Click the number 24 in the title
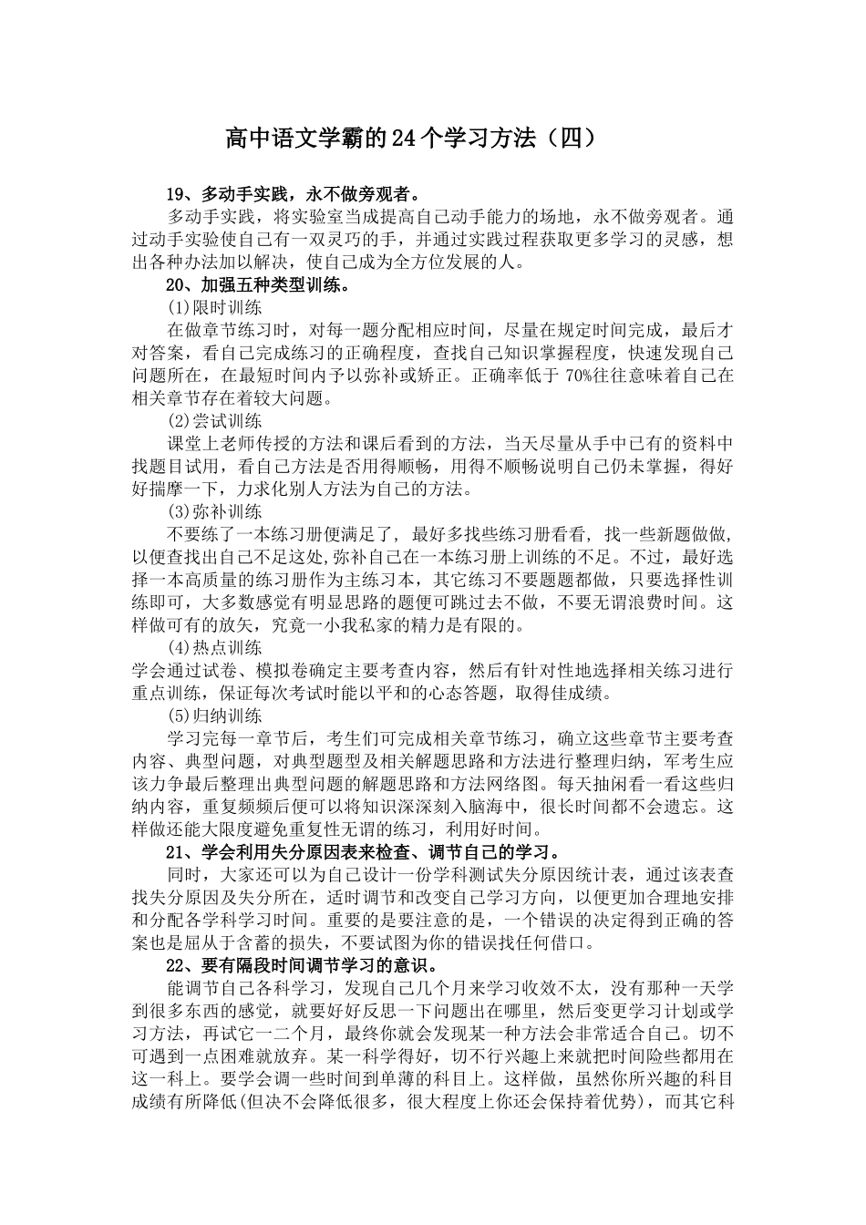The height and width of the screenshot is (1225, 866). click(x=403, y=139)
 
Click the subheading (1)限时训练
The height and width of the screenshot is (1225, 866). click(x=215, y=308)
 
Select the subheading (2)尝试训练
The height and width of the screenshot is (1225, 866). click(x=215, y=421)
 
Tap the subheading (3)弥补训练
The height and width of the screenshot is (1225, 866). click(x=215, y=511)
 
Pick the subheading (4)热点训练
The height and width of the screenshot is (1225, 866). click(x=215, y=648)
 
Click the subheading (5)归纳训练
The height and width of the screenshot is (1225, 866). click(x=215, y=715)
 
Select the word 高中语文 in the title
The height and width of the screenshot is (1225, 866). click(x=269, y=139)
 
